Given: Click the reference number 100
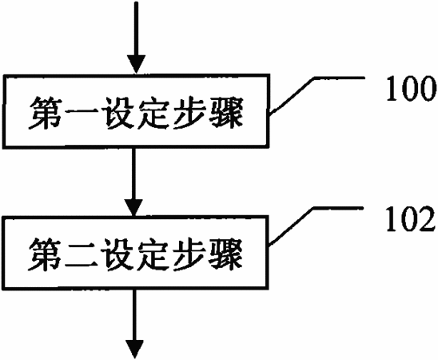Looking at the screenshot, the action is pos(411,88).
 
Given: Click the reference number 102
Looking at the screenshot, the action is pos(411,219).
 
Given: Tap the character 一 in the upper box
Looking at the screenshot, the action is pos(82,114).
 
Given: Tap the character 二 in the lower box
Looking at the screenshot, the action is pos(82,254).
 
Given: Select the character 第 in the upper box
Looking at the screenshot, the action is pos(46,113).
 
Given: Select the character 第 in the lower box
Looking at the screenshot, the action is pos(46,254).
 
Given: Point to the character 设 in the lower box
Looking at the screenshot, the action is pos(117,254).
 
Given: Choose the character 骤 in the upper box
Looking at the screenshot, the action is pos(226,113).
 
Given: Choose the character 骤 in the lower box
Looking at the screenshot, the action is pos(226,254).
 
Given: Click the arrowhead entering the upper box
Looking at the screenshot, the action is pos(137,65).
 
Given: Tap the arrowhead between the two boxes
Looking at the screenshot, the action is pos(134,207).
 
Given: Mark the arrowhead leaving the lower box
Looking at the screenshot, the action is pos(134,350).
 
